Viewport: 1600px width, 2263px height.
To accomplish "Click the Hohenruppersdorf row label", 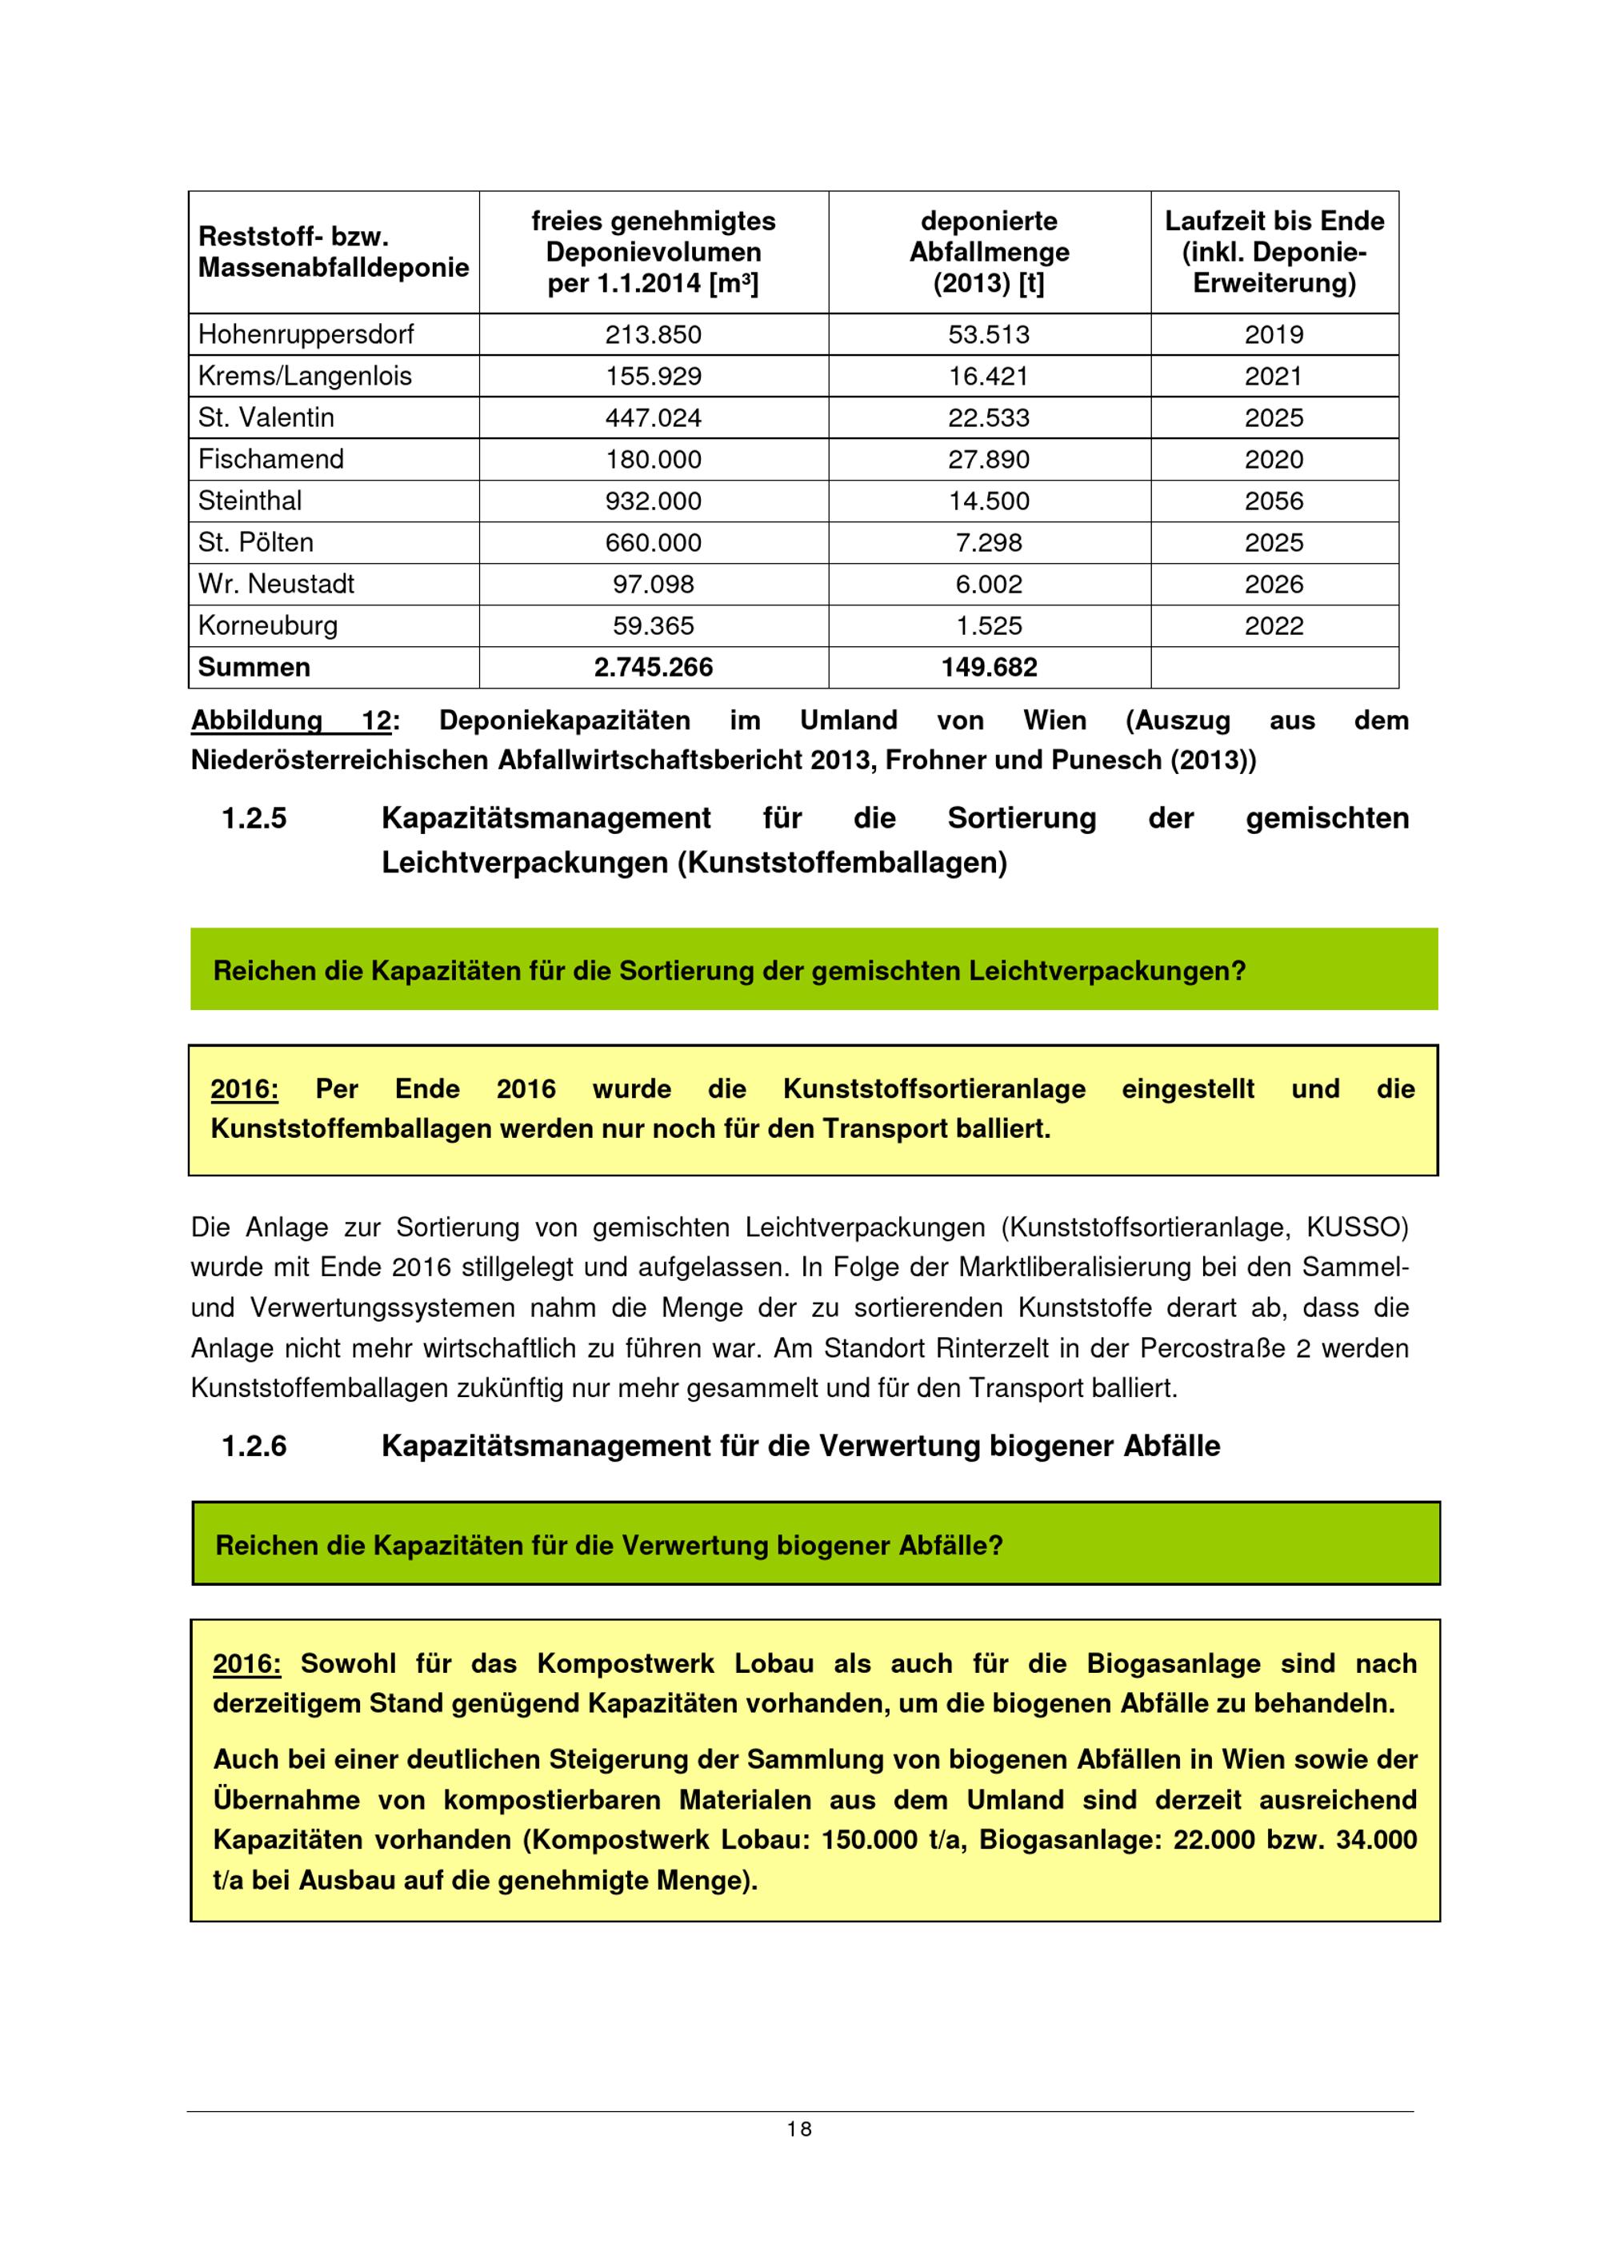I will pyautogui.click(x=306, y=334).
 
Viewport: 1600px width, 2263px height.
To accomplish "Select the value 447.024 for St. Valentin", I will pyautogui.click(x=653, y=418).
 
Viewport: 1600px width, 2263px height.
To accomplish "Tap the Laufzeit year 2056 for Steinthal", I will pyautogui.click(x=1274, y=501).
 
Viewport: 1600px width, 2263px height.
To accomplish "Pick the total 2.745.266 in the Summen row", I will pyautogui.click(x=653, y=667).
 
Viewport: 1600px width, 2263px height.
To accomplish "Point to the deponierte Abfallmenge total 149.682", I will pyautogui.click(x=989, y=667).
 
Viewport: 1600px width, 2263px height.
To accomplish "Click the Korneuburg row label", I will pyautogui.click(x=267, y=626).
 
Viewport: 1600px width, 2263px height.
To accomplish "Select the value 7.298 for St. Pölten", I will pyautogui.click(x=989, y=542).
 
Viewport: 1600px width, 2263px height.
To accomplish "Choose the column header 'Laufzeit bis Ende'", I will pyautogui.click(x=1274, y=221).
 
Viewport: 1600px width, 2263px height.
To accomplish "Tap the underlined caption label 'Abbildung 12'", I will pyautogui.click(x=292, y=720).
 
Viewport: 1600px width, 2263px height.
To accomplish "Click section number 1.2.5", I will pyautogui.click(x=254, y=818).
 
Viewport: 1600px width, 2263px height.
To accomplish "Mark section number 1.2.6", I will pyautogui.click(x=254, y=1446).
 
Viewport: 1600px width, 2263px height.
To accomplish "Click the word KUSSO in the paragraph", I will pyautogui.click(x=1357, y=1227).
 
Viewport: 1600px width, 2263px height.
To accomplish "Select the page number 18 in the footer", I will pyautogui.click(x=799, y=2129).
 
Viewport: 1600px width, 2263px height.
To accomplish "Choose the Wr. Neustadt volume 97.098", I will pyautogui.click(x=653, y=585).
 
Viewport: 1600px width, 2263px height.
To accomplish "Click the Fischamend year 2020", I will pyautogui.click(x=1274, y=459).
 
